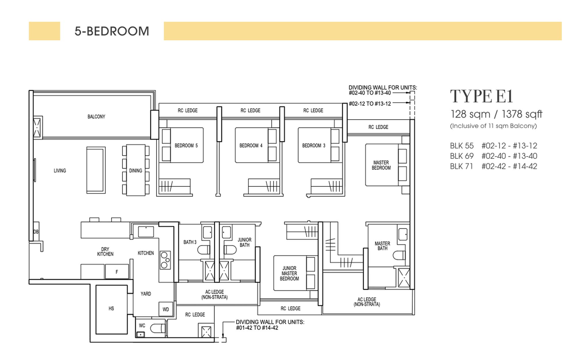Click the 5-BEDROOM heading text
[112, 31]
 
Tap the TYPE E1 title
[482, 96]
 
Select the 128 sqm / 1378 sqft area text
[496, 114]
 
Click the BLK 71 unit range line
[493, 166]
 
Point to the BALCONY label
[96, 117]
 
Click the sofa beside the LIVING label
[96, 170]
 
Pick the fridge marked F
[117, 272]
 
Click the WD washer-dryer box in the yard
[166, 309]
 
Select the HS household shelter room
[111, 309]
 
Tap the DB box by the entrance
[36, 232]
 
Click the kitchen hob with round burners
[165, 260]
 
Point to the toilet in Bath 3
[204, 250]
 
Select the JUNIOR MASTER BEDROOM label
[289, 273]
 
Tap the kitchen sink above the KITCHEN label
[146, 232]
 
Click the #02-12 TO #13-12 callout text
[370, 104]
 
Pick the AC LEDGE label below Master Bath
[367, 302]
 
